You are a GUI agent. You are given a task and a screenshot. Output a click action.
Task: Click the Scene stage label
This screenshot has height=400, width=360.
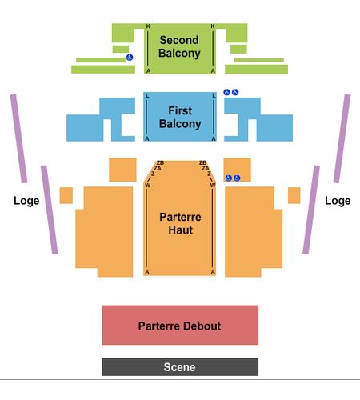tap(179, 367)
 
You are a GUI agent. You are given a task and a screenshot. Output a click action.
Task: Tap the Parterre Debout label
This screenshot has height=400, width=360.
tap(179, 326)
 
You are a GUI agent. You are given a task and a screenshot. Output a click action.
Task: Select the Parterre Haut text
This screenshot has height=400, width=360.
tap(180, 223)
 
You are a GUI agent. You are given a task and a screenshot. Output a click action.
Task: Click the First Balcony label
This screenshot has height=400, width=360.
tap(180, 118)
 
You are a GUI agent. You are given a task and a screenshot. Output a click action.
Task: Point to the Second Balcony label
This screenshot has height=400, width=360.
tap(179, 46)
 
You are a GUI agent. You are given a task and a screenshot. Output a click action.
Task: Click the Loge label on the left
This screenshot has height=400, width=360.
tap(26, 201)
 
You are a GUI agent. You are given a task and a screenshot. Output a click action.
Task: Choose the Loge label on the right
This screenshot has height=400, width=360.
tap(338, 201)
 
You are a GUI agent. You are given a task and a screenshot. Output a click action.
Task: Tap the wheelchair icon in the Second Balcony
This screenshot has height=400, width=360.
tap(130, 57)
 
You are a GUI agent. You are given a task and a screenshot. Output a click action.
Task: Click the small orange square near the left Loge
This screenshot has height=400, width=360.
tap(66, 195)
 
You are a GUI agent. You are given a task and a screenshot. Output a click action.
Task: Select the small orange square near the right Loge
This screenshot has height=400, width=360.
tap(294, 195)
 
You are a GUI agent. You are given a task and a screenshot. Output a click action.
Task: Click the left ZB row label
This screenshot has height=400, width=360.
tap(160, 162)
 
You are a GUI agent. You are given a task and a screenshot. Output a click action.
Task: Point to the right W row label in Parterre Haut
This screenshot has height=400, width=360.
tap(213, 185)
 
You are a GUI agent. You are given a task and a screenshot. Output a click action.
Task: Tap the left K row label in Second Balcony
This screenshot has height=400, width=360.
tap(148, 26)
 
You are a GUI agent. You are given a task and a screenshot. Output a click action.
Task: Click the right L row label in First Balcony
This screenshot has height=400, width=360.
tap(214, 95)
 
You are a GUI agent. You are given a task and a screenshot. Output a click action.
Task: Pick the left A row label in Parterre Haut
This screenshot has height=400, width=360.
tap(147, 272)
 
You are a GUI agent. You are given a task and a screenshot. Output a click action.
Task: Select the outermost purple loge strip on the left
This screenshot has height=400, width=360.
tap(18, 138)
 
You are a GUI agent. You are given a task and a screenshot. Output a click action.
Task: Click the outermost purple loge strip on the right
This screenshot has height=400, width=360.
tap(342, 138)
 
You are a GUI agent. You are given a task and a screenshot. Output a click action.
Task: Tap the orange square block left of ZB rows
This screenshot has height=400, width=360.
tap(122, 170)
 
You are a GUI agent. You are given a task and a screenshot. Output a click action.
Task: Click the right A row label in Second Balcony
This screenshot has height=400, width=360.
tap(213, 71)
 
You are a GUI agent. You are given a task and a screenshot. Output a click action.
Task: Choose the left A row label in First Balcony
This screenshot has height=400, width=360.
tap(146, 138)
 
